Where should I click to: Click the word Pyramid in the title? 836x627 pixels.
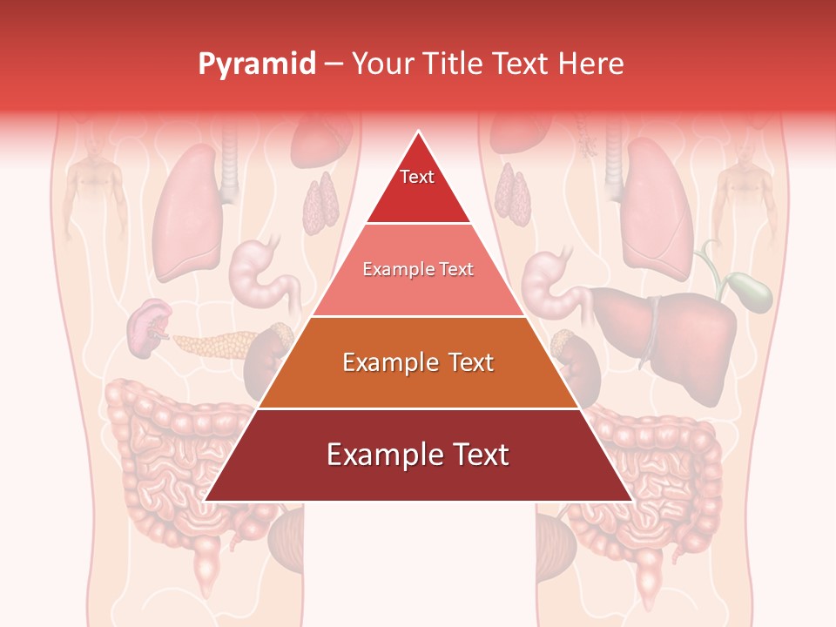pos(256,64)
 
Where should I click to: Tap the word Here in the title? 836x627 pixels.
pos(592,64)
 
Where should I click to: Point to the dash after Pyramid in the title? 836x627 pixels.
pos(334,64)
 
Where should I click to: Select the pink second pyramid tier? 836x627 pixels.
pos(418,270)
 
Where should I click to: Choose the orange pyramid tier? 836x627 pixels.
pos(418,362)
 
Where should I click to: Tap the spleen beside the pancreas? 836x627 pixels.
pos(148,327)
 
